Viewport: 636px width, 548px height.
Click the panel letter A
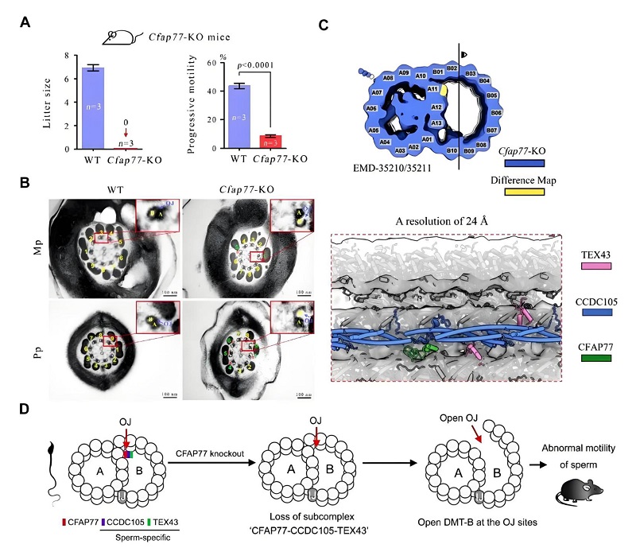(x=25, y=23)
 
